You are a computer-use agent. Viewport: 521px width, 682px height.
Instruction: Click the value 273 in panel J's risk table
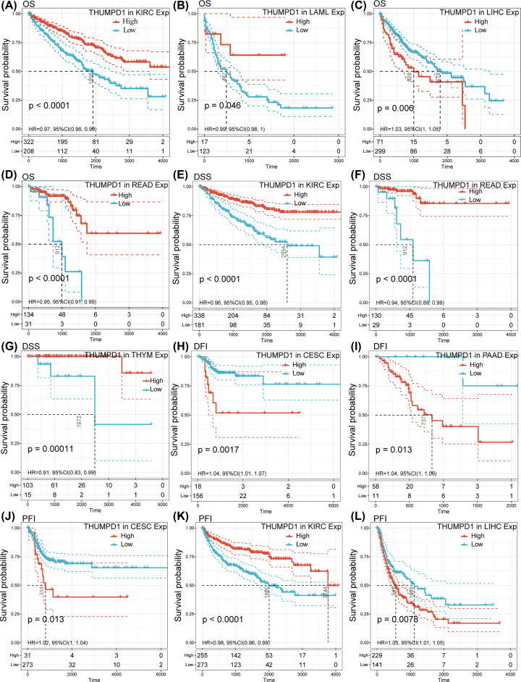coord(29,668)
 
